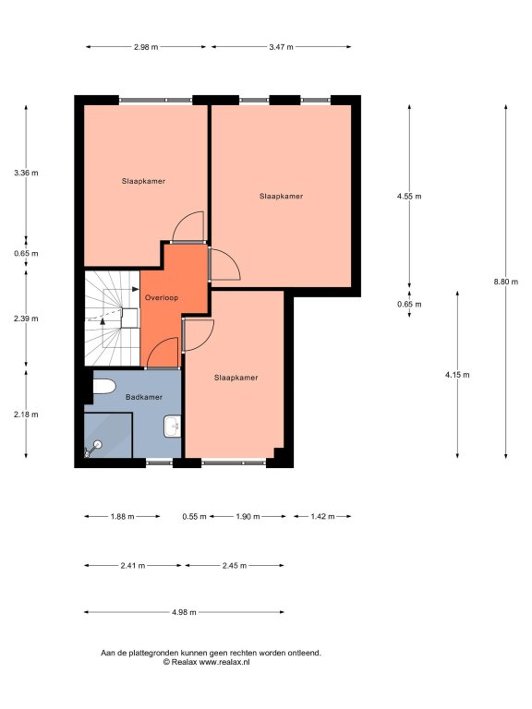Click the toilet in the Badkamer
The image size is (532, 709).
pyautogui.click(x=104, y=387)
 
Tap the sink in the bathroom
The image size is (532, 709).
pyautogui.click(x=173, y=427)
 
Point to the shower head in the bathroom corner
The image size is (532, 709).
pyautogui.click(x=92, y=449)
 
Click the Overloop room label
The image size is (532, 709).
pyautogui.click(x=162, y=298)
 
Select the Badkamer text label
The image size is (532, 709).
pyautogui.click(x=144, y=397)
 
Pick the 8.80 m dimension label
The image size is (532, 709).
pyautogui.click(x=506, y=282)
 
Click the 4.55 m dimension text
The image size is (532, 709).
pyautogui.click(x=409, y=197)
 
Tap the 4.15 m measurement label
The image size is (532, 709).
pyautogui.click(x=457, y=375)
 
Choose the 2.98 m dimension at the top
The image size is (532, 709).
pyautogui.click(x=146, y=46)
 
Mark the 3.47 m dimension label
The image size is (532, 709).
pyautogui.click(x=281, y=46)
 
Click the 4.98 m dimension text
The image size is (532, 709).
pyautogui.click(x=184, y=612)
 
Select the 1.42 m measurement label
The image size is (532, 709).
pyautogui.click(x=322, y=516)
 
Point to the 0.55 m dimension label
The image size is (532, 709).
pyautogui.click(x=195, y=516)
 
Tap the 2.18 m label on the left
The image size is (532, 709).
pyautogui.click(x=26, y=415)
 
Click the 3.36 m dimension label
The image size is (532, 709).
pyautogui.click(x=26, y=173)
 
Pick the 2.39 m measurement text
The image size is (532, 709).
pyautogui.click(x=26, y=318)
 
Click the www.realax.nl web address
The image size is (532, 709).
pyautogui.click(x=224, y=662)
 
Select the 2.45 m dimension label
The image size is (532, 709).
pyautogui.click(x=235, y=566)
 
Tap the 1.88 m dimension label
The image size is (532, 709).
pyautogui.click(x=122, y=516)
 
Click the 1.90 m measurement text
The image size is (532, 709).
pyautogui.click(x=248, y=516)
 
